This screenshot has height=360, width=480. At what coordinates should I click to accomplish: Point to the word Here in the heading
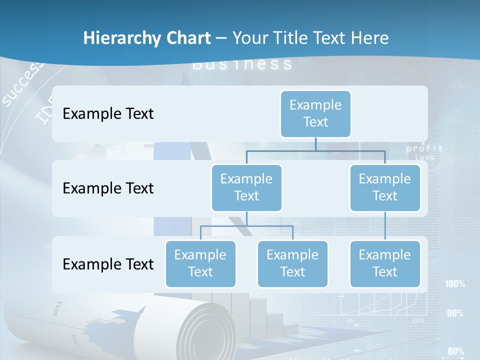pos(370,38)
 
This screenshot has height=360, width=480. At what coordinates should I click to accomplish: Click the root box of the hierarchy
pos(315,113)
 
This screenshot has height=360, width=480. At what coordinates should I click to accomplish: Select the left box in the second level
pos(246,187)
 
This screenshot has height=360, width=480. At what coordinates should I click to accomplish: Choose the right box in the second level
pos(385,187)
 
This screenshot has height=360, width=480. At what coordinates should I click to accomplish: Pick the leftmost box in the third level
pos(200,263)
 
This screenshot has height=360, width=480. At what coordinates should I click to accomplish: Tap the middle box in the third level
pos(292,263)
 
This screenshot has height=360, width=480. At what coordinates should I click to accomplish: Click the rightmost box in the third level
pos(385,263)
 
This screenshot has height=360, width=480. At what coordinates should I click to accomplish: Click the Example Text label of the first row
pos(108,114)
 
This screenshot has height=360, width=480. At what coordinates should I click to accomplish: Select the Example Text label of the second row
pos(108,188)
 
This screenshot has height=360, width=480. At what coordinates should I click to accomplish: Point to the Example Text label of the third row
pos(108,264)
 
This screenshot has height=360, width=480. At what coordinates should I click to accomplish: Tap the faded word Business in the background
pos(242,64)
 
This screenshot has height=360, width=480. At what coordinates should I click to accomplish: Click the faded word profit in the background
pos(424,148)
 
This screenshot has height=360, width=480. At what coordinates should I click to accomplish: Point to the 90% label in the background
pos(455,313)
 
